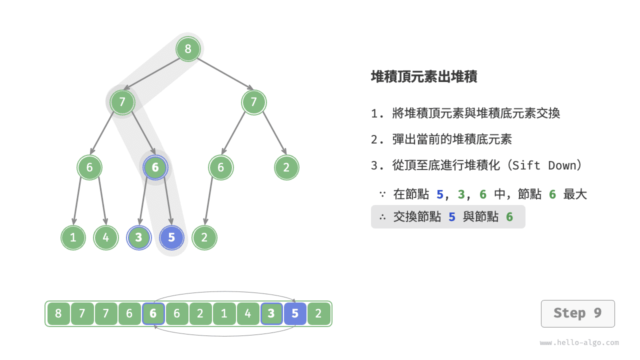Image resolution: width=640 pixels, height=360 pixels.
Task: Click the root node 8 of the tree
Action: coord(188,49)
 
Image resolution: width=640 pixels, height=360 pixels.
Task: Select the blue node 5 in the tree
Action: coord(171,237)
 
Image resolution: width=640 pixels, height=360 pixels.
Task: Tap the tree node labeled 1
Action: coord(73,237)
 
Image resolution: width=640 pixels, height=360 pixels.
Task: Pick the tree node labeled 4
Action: coord(105,237)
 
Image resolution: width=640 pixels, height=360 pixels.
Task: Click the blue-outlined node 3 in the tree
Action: coord(139,237)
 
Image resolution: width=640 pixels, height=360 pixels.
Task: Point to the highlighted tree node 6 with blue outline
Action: coord(155,167)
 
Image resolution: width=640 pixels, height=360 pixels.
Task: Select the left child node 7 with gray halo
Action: coord(122,102)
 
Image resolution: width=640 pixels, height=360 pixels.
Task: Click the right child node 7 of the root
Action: coord(253,102)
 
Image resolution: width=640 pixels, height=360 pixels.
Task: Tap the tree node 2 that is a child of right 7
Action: coord(286,167)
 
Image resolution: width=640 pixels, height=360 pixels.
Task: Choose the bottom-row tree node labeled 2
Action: coord(204,237)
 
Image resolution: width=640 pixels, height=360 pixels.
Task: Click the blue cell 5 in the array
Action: coord(295,313)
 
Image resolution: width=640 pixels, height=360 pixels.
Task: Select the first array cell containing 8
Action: coord(58,313)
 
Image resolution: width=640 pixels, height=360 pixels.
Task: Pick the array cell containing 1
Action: coord(224,313)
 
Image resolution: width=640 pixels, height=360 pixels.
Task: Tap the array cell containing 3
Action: coord(271,313)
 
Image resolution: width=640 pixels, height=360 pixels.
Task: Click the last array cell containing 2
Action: coord(318,313)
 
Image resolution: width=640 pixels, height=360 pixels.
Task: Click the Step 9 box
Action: coord(577,313)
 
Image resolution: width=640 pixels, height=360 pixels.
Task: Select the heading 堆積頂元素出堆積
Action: coord(424,76)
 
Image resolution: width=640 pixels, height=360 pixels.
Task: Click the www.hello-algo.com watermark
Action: coord(579,343)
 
